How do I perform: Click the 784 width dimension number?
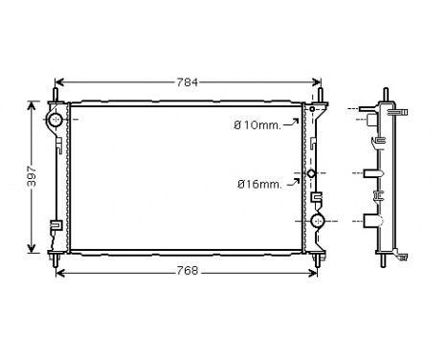click(187, 82)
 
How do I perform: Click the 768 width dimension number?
click(187, 271)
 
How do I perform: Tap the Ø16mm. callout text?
click(259, 184)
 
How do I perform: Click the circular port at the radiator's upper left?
click(55, 121)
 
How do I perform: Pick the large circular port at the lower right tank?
click(318, 222)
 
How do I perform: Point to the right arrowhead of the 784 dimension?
click(320, 82)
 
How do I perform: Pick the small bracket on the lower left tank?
click(56, 227)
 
